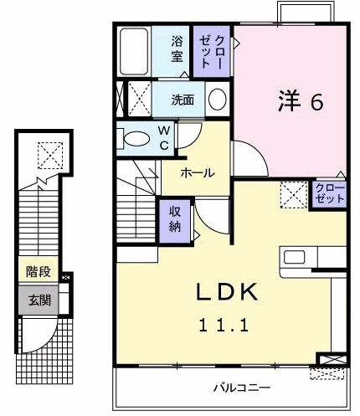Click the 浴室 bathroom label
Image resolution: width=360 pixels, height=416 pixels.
pos(177,49)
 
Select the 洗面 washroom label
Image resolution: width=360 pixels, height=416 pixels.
pos(183,100)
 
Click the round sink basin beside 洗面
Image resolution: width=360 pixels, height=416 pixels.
pos(216,100)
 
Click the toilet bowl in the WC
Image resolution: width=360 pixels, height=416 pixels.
pos(136,138)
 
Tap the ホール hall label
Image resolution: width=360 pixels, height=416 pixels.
pos(197,172)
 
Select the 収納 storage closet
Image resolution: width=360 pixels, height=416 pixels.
pos(176,218)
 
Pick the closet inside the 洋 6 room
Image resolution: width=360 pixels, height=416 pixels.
pos(329,194)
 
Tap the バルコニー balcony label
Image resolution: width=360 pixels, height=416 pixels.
pos(240,388)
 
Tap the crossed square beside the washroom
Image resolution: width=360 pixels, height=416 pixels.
pos(136,98)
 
